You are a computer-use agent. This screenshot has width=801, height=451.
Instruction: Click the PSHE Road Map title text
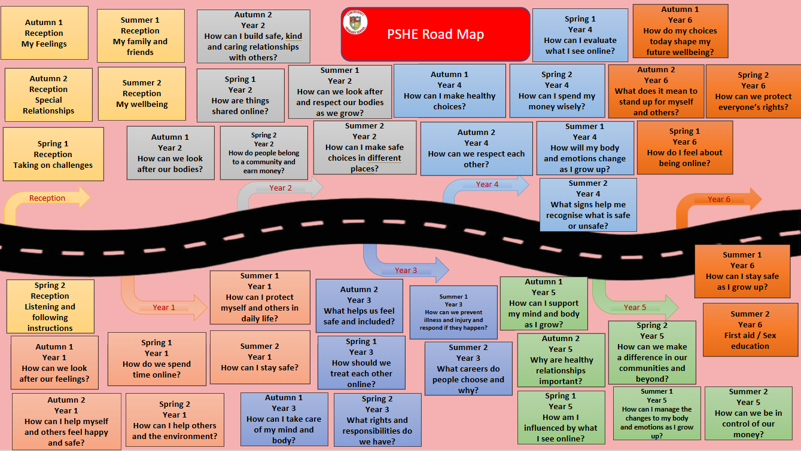[x=435, y=34]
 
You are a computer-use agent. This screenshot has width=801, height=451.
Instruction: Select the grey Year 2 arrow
[x=281, y=188]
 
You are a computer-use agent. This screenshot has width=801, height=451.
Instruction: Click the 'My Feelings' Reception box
[x=44, y=33]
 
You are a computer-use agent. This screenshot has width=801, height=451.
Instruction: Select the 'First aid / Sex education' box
[x=750, y=330]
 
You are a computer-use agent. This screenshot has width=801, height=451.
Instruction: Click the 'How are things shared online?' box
[x=240, y=95]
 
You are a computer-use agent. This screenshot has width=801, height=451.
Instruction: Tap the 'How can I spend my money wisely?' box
[x=556, y=91]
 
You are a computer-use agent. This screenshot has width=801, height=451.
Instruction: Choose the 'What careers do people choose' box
[x=468, y=369]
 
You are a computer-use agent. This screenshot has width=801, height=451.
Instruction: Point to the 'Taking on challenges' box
[x=53, y=154]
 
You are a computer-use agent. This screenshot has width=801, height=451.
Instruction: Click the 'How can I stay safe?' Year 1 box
[x=260, y=357]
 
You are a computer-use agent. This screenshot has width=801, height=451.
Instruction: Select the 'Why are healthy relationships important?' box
[x=561, y=360]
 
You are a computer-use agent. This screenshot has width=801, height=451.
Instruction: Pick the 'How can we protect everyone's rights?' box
[x=753, y=91]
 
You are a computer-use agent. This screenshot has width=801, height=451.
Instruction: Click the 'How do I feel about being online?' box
[x=684, y=147]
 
